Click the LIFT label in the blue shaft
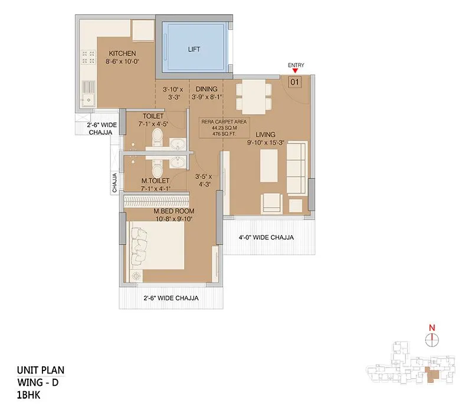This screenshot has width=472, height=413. tap(193, 50)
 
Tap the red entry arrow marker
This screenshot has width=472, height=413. tap(296, 71)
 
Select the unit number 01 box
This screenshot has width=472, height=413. tap(295, 82)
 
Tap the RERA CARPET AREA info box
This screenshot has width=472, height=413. tap(223, 128)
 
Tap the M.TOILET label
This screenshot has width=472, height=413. tap(155, 181)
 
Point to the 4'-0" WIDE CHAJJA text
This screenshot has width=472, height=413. tap(266, 238)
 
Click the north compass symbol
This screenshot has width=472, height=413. tap(432, 338)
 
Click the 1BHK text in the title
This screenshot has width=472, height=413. tap(30, 394)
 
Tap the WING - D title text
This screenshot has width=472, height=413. tap(38, 382)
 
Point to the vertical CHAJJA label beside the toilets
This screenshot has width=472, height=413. tap(115, 183)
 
